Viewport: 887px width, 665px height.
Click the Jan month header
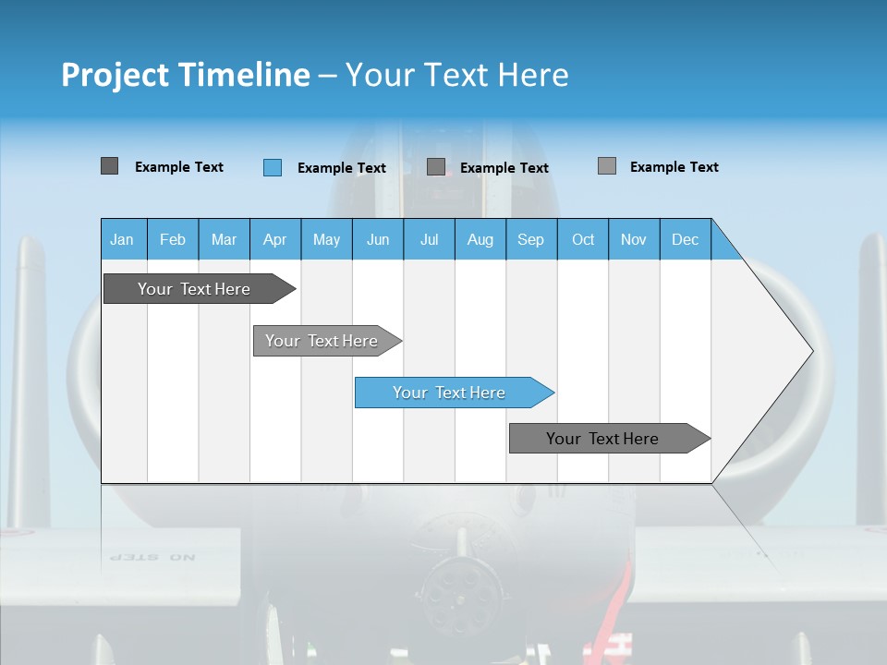[123, 239]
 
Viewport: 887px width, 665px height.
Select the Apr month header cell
[275, 239]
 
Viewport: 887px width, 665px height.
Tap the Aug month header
[480, 239]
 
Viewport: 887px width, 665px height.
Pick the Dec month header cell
[686, 239]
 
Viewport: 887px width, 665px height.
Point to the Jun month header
[378, 239]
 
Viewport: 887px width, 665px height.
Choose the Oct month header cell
[583, 239]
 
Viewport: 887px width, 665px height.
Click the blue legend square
[273, 167]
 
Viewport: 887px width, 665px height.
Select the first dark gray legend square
[109, 166]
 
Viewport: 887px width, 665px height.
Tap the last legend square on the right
[606, 166]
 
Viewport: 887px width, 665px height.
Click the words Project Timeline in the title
[185, 75]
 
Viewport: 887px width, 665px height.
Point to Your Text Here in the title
[457, 75]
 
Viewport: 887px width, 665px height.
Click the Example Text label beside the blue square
[342, 168]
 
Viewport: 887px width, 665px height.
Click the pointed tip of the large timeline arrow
[810, 351]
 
